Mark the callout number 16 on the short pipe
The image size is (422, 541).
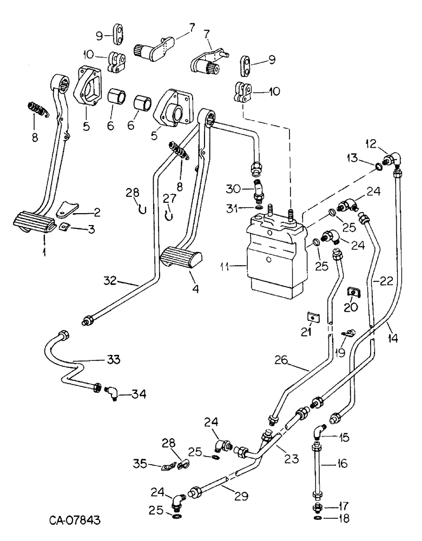[341, 464]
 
